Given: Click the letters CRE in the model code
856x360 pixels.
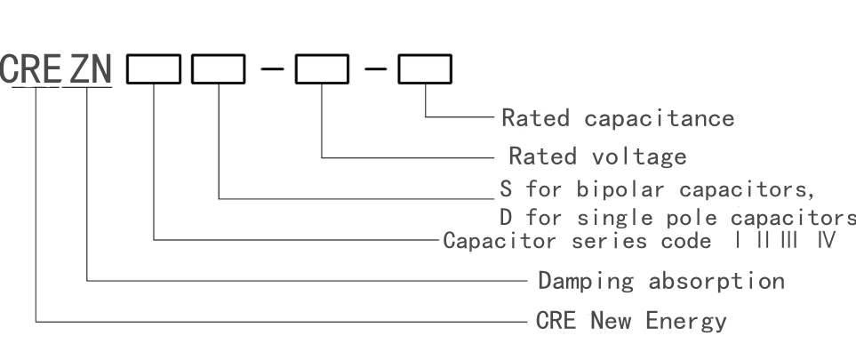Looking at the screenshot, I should click(29, 69).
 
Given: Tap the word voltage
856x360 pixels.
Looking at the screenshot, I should click(639, 157).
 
